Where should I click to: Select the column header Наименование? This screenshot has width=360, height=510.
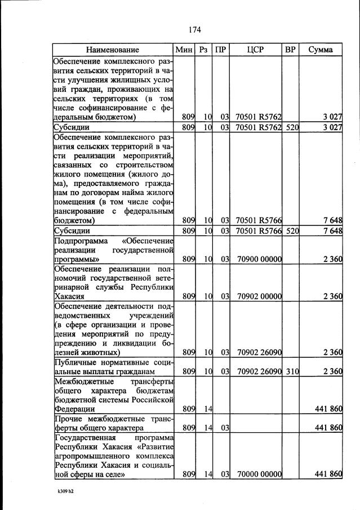[x=113, y=50]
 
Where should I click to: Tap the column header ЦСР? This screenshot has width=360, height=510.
[x=256, y=50]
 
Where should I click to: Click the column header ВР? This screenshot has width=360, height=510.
[x=291, y=50]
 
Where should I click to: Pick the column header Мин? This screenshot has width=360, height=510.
[x=184, y=50]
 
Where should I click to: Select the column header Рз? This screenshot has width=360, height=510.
[x=203, y=50]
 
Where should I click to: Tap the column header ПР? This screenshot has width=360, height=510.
[x=221, y=50]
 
